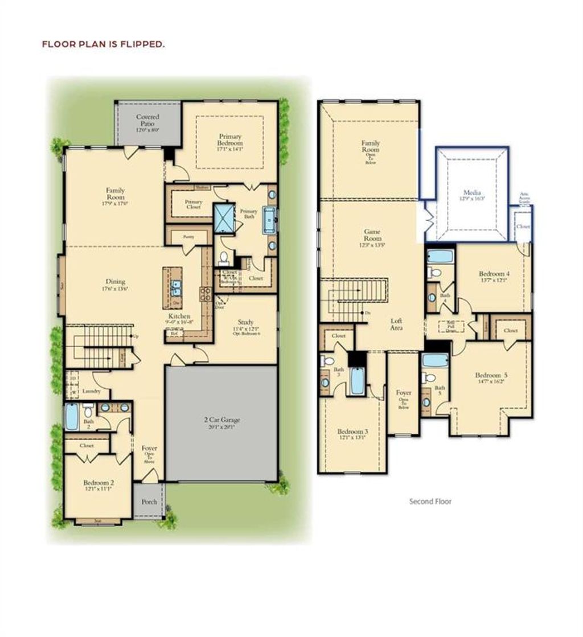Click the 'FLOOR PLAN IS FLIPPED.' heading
point(103,43)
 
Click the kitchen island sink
point(176,286)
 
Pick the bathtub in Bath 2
point(72,417)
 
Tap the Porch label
point(149,502)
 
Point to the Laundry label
point(91,392)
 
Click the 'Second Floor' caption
point(430,502)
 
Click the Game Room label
point(372,235)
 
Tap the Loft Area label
point(397,324)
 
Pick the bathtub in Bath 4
point(440,256)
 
